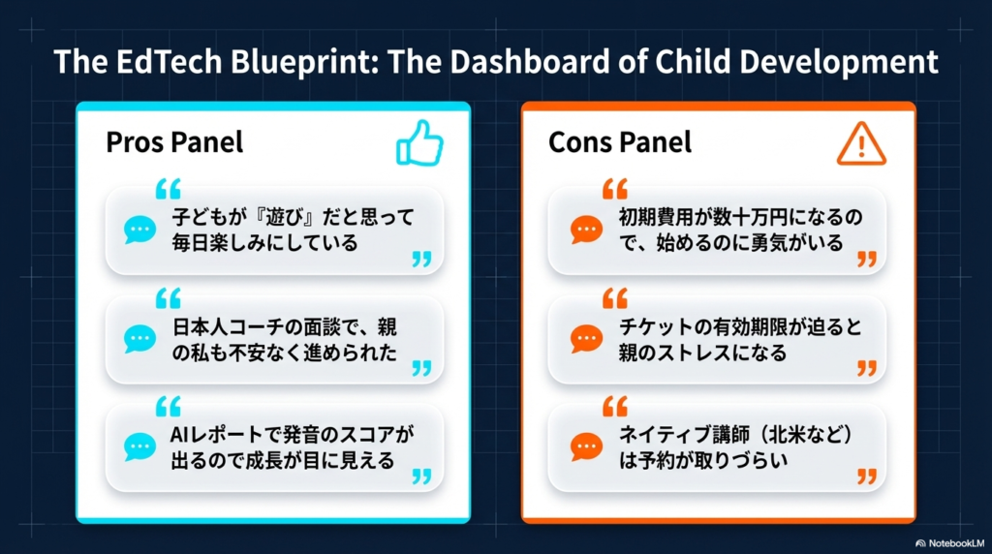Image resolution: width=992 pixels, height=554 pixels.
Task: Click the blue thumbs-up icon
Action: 419,143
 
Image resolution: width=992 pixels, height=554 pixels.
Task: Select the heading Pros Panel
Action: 174,142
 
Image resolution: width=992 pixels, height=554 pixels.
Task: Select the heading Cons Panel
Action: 619,142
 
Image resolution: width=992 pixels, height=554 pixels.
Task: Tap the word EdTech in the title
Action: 169,61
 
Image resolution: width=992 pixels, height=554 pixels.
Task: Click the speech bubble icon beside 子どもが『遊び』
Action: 139,230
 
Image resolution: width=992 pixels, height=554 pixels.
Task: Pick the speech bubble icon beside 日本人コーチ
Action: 139,339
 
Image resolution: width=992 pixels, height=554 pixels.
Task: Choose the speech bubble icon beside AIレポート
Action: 139,447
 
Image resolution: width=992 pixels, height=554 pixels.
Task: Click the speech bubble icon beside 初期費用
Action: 586,230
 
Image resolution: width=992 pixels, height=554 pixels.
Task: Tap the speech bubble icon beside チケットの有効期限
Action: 586,339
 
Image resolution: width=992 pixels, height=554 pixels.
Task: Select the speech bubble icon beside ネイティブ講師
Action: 586,447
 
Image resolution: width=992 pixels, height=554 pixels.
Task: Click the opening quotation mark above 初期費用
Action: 615,189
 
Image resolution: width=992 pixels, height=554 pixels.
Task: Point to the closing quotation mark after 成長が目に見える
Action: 422,477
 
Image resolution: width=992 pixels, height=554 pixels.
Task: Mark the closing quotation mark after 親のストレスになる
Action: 867,368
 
